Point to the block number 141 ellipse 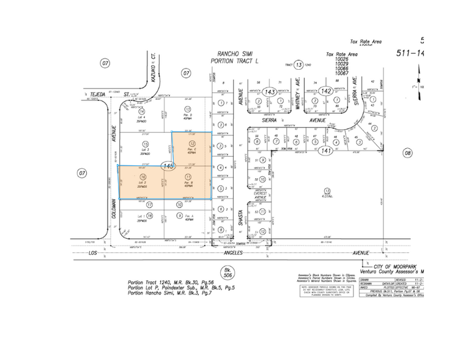coord(326,150)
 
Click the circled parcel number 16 coord(143,176)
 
